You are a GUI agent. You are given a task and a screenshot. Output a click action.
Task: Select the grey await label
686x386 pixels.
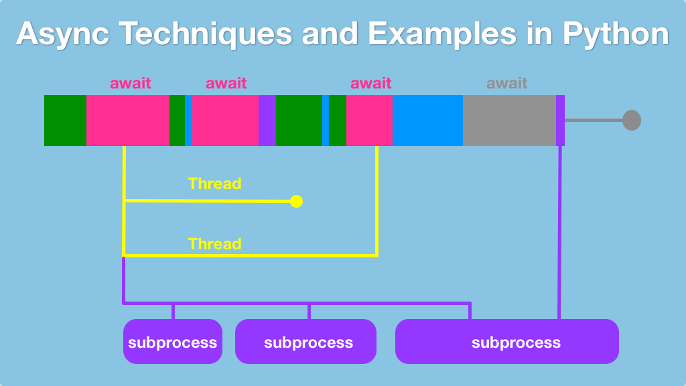506,84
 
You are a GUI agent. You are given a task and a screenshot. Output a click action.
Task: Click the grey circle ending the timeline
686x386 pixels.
631,121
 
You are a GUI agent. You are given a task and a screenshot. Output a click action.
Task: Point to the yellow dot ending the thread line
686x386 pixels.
296,201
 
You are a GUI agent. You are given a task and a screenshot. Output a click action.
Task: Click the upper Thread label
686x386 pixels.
214,184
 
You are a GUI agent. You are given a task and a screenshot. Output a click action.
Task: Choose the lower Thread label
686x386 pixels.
214,244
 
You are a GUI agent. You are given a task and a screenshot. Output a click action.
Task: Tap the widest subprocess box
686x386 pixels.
506,342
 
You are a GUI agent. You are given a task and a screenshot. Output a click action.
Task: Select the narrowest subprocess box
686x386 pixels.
173,342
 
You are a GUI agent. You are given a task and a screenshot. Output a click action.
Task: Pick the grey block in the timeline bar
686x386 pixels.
509,121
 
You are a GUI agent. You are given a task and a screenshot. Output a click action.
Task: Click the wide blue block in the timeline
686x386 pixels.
427,121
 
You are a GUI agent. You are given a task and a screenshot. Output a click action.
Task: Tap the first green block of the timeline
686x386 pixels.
65,121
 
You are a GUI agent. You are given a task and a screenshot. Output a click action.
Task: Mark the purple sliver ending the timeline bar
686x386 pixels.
560,121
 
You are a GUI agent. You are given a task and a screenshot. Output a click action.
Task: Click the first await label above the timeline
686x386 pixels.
131,84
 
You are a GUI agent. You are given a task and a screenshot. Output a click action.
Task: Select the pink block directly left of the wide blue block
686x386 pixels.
369,121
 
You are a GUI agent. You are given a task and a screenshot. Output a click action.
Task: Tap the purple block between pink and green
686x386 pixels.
267,121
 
